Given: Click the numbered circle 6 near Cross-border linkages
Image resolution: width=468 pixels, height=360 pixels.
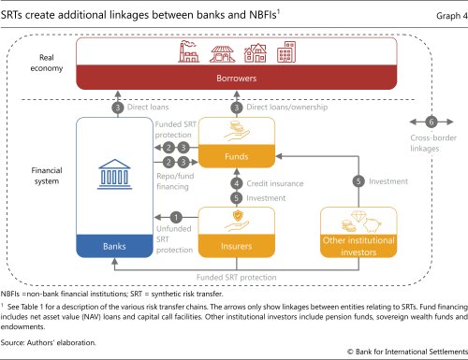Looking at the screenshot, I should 431,122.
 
